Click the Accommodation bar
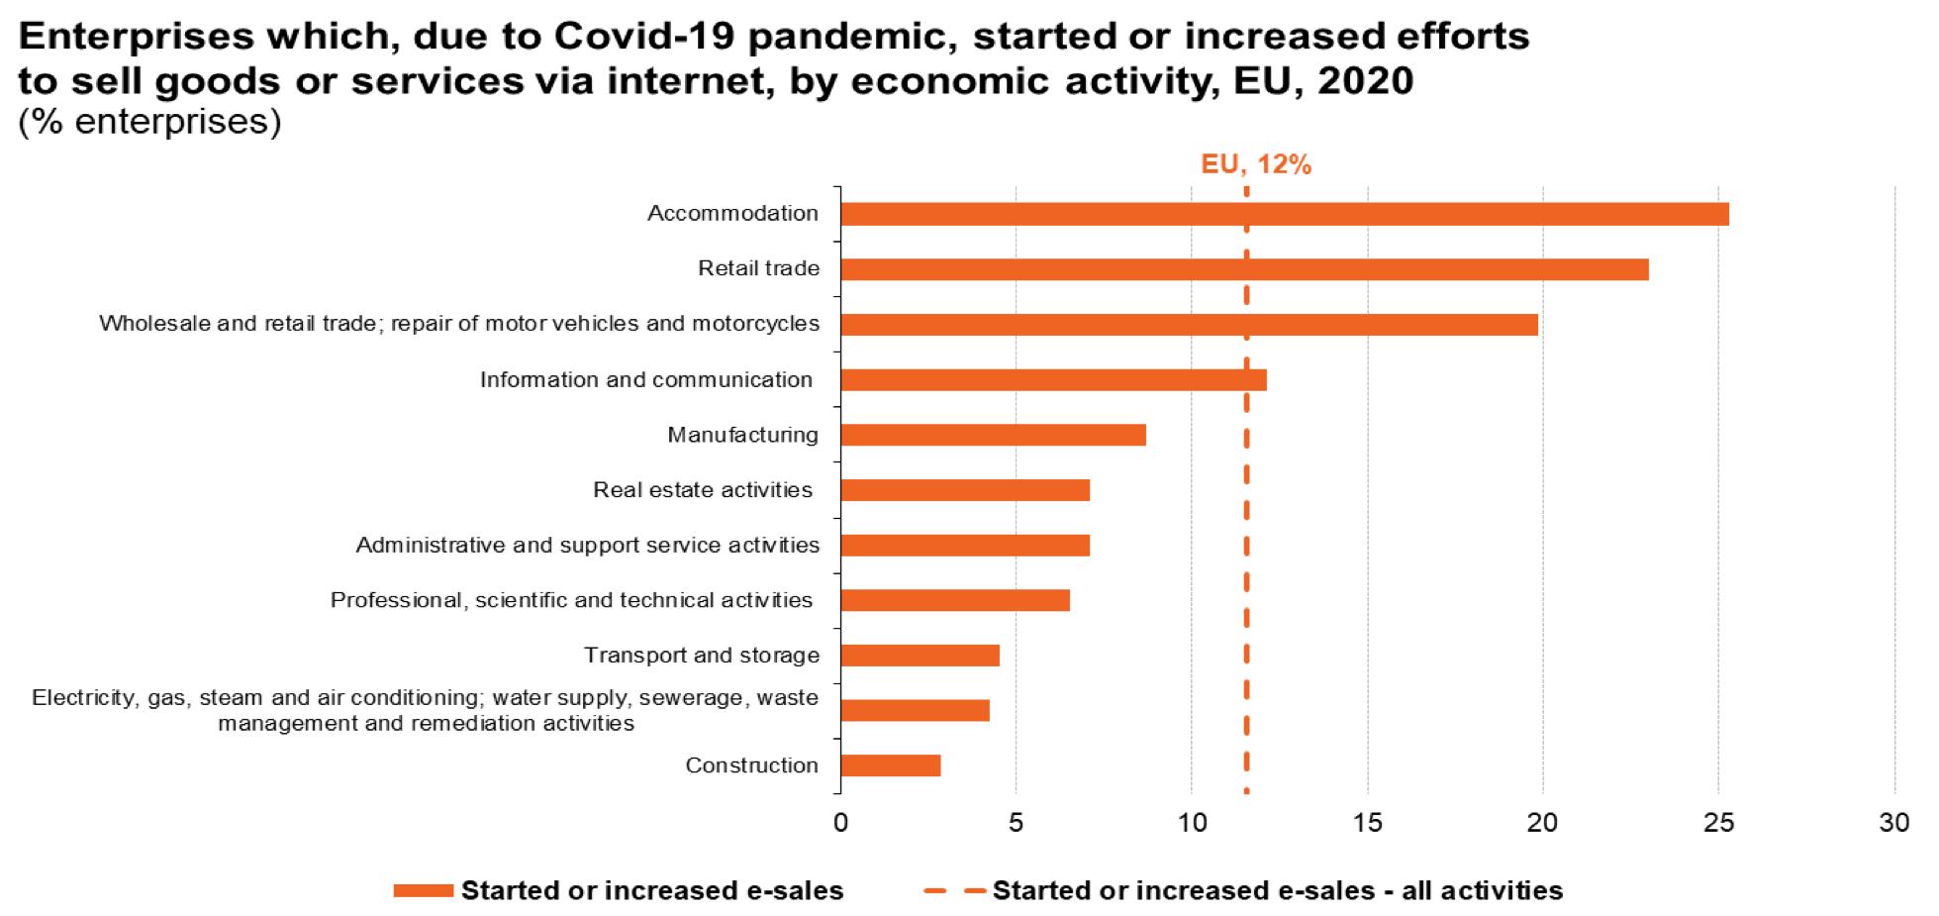coord(1284,214)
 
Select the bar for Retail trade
coord(1244,269)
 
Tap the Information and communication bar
coord(1053,379)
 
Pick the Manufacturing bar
coord(993,435)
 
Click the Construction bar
coord(890,765)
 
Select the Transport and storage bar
coord(920,656)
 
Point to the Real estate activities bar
coord(965,490)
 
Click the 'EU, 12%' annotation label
coord(1255,164)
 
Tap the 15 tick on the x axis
coord(1367,823)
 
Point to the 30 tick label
coord(1893,823)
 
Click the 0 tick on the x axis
coord(840,823)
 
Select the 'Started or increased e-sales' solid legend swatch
coord(423,891)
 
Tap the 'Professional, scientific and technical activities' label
coord(571,600)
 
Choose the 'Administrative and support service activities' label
coord(587,545)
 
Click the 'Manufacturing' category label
coord(742,435)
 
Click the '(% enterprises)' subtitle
coord(149,121)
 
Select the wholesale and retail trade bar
coord(1189,325)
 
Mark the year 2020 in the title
coord(1365,80)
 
